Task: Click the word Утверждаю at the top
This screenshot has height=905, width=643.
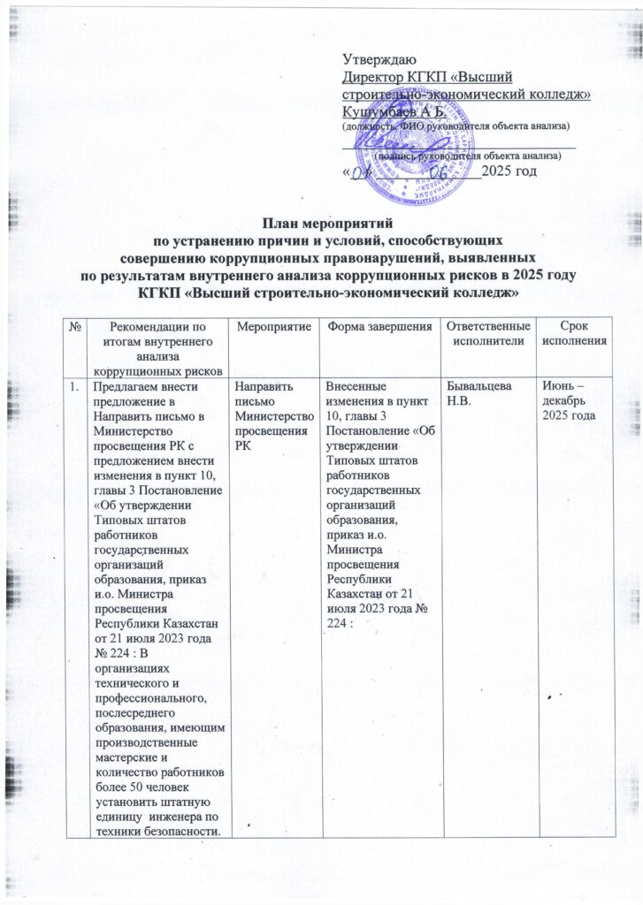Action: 373,60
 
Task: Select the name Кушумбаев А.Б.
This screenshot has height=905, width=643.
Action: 386,110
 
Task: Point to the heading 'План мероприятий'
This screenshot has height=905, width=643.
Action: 322,224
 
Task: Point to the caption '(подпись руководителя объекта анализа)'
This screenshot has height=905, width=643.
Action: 467,155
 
